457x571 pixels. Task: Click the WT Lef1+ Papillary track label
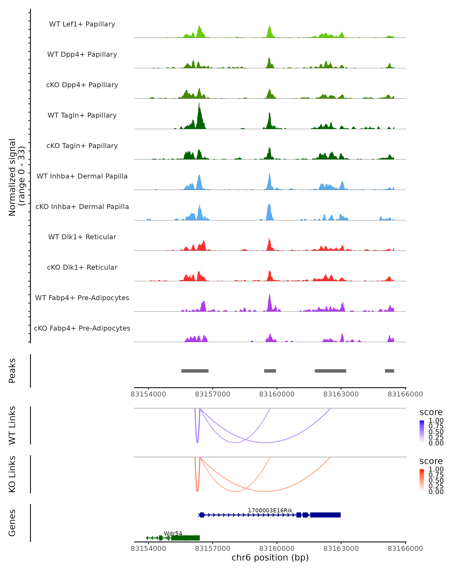click(82, 24)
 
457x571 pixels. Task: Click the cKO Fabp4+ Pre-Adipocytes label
click(82, 328)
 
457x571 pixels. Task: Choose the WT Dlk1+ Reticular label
click(82, 237)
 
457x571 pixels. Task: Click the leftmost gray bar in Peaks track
click(195, 371)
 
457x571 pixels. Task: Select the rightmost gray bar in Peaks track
click(389, 371)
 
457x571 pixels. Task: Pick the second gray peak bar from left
click(270, 371)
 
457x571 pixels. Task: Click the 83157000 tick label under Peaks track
click(213, 394)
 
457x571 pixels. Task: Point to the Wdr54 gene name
click(173, 533)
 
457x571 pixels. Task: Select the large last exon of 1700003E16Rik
click(325, 515)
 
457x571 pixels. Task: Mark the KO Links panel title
click(12, 474)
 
